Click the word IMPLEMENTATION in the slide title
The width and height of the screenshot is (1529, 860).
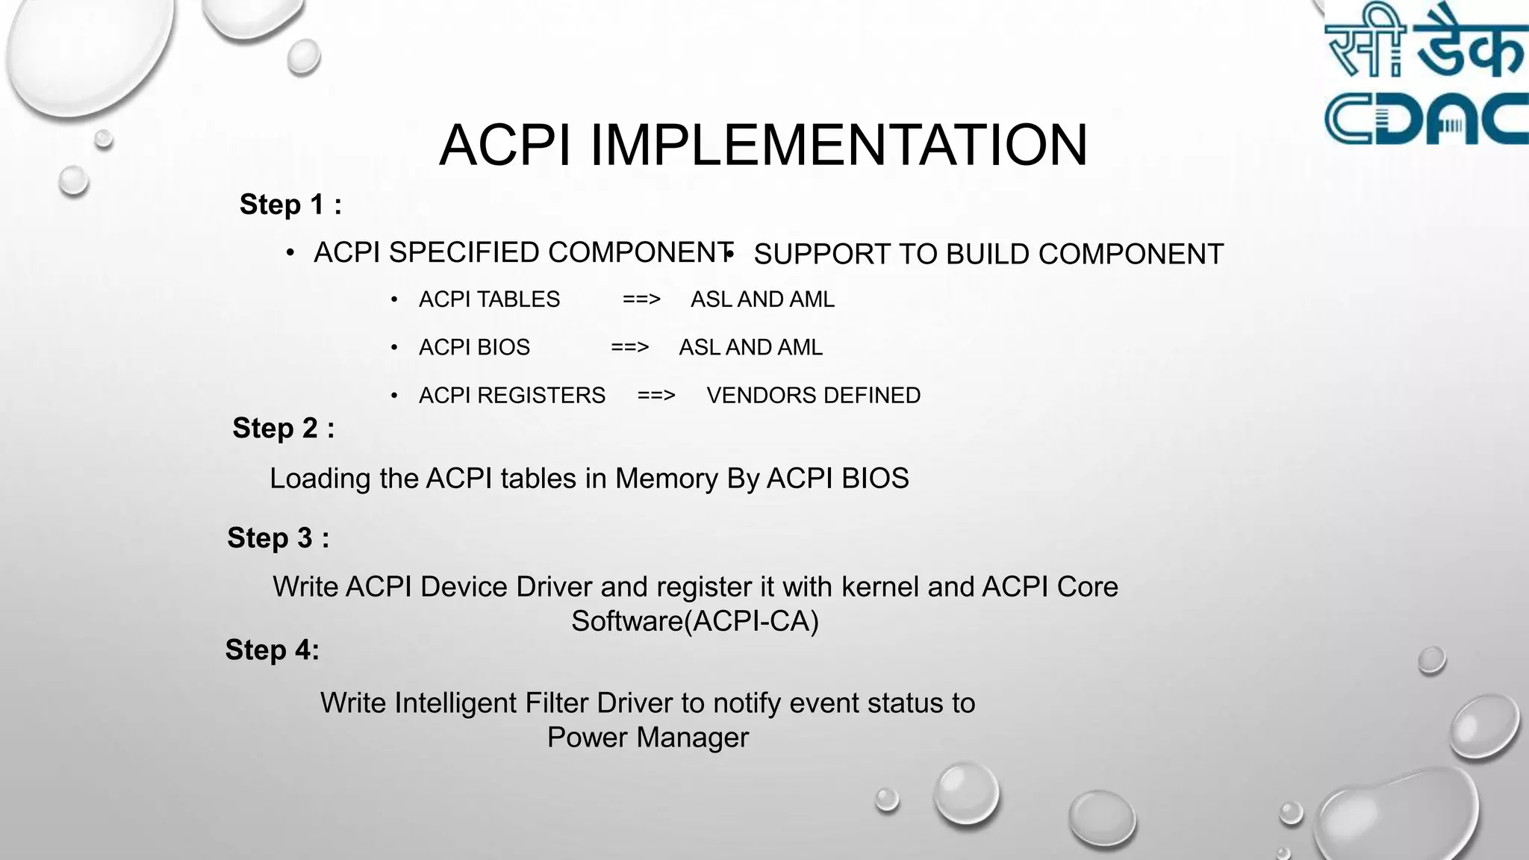(838, 145)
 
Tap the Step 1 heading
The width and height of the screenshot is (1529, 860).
(290, 205)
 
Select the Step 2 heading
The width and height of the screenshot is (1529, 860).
(283, 429)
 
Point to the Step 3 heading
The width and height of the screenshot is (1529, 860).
(278, 538)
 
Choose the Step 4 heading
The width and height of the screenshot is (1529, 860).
(273, 650)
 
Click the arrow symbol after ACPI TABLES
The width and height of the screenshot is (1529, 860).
(641, 299)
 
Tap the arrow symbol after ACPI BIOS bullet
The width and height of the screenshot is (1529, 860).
(629, 347)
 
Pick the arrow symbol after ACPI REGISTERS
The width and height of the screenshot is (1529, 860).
(656, 395)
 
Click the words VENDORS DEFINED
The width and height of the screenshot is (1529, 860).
(813, 395)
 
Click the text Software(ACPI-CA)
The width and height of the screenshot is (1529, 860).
(695, 621)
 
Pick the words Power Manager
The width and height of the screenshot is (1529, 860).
(647, 738)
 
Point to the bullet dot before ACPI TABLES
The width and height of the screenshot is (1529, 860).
(394, 300)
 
